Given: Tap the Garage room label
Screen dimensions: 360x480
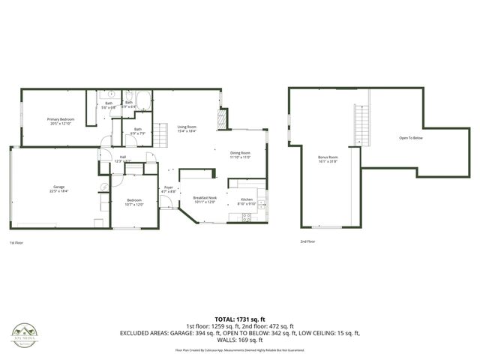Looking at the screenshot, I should point(58,187).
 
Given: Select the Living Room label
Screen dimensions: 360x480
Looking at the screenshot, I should point(186,127).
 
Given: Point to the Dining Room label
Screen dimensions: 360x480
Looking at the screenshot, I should point(240,153).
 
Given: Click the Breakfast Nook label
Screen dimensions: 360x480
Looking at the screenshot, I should point(204,197).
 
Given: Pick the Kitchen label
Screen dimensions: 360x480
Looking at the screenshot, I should point(247,199).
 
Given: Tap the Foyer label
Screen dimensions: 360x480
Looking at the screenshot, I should point(169,187).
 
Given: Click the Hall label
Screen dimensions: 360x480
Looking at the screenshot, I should point(122,157).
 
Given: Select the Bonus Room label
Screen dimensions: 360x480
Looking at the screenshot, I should point(328,157).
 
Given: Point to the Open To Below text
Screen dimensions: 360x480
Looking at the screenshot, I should point(411,138).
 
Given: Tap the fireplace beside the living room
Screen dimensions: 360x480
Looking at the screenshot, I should point(220,120).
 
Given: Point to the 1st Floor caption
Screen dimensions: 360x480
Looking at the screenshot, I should point(16,242).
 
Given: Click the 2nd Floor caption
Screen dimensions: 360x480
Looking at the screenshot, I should point(307,241).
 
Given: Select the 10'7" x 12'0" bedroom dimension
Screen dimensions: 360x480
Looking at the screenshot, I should point(135,204).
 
